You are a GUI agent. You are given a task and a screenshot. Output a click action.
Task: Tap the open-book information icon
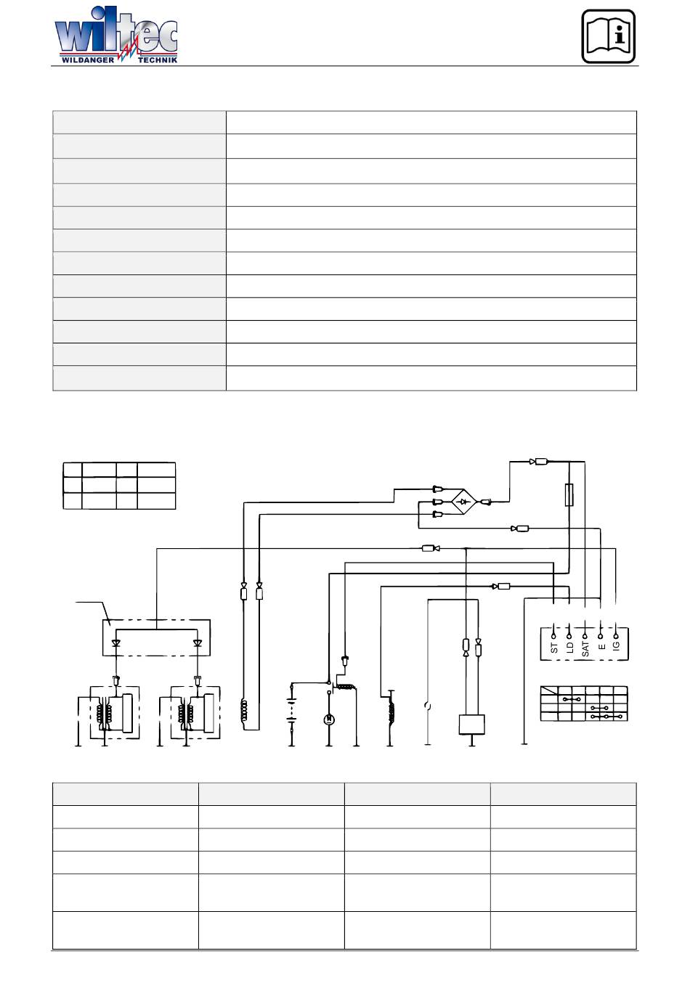[x=609, y=36]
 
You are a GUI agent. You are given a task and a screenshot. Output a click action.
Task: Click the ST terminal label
[x=554, y=647]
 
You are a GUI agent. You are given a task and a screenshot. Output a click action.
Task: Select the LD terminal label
[x=569, y=647]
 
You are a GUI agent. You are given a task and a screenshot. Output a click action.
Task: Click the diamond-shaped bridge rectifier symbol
[x=463, y=501]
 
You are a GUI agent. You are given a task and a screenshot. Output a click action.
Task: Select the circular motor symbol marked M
[x=328, y=719]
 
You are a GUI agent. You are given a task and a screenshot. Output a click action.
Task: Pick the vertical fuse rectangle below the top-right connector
[x=570, y=496]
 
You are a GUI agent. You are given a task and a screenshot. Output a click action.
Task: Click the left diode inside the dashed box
[x=116, y=643]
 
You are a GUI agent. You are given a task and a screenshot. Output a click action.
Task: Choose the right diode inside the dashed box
[x=197, y=643]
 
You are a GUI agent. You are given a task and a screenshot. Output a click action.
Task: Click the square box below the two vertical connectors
[x=471, y=725]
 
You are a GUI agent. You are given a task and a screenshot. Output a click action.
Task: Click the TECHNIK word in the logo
[x=157, y=60]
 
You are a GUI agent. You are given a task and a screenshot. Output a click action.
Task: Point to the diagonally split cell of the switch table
[x=550, y=692]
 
